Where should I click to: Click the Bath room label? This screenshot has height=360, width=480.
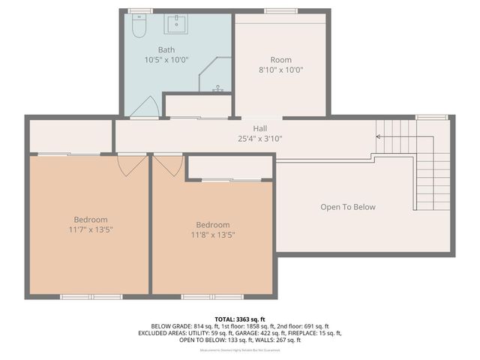[166, 49]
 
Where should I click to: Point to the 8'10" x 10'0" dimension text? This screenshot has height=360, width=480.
[280, 70]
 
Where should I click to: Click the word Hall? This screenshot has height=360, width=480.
[260, 128]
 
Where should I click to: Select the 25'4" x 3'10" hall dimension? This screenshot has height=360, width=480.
[260, 138]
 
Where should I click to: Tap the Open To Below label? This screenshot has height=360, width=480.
[348, 207]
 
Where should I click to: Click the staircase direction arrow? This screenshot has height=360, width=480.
[379, 136]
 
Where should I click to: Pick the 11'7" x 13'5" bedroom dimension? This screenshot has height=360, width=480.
[91, 229]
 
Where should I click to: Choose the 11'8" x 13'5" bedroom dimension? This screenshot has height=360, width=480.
[213, 234]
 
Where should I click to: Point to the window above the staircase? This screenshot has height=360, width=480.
[431, 117]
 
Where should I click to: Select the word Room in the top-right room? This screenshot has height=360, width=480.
[280, 60]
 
